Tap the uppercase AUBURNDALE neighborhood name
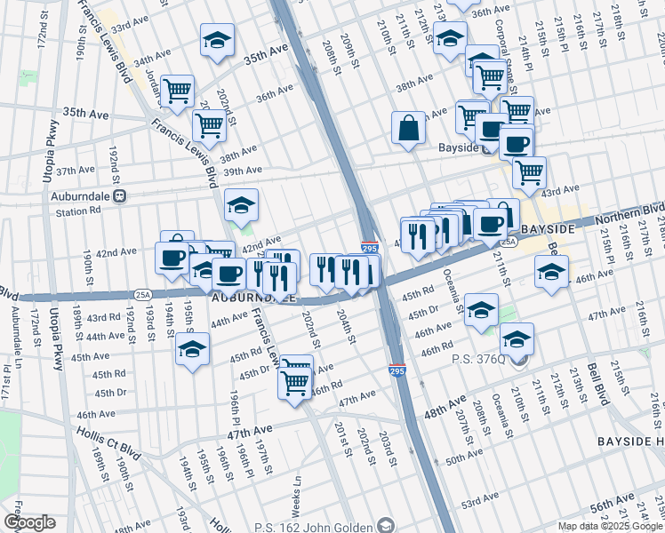point(254,299)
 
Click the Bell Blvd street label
point(595,383)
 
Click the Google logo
point(29,522)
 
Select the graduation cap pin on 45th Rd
point(191,349)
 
